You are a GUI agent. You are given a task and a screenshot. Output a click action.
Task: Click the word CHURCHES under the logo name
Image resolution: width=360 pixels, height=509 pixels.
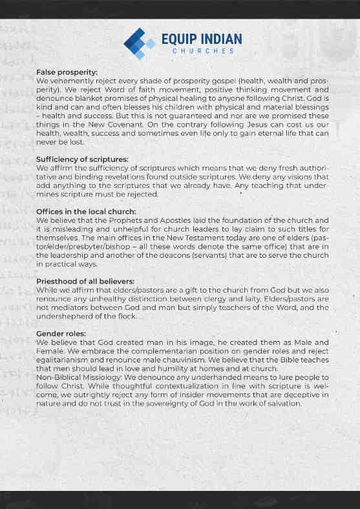click(x=197, y=50)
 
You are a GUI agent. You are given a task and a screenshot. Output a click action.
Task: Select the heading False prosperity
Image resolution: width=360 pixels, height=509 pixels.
click(x=67, y=72)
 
